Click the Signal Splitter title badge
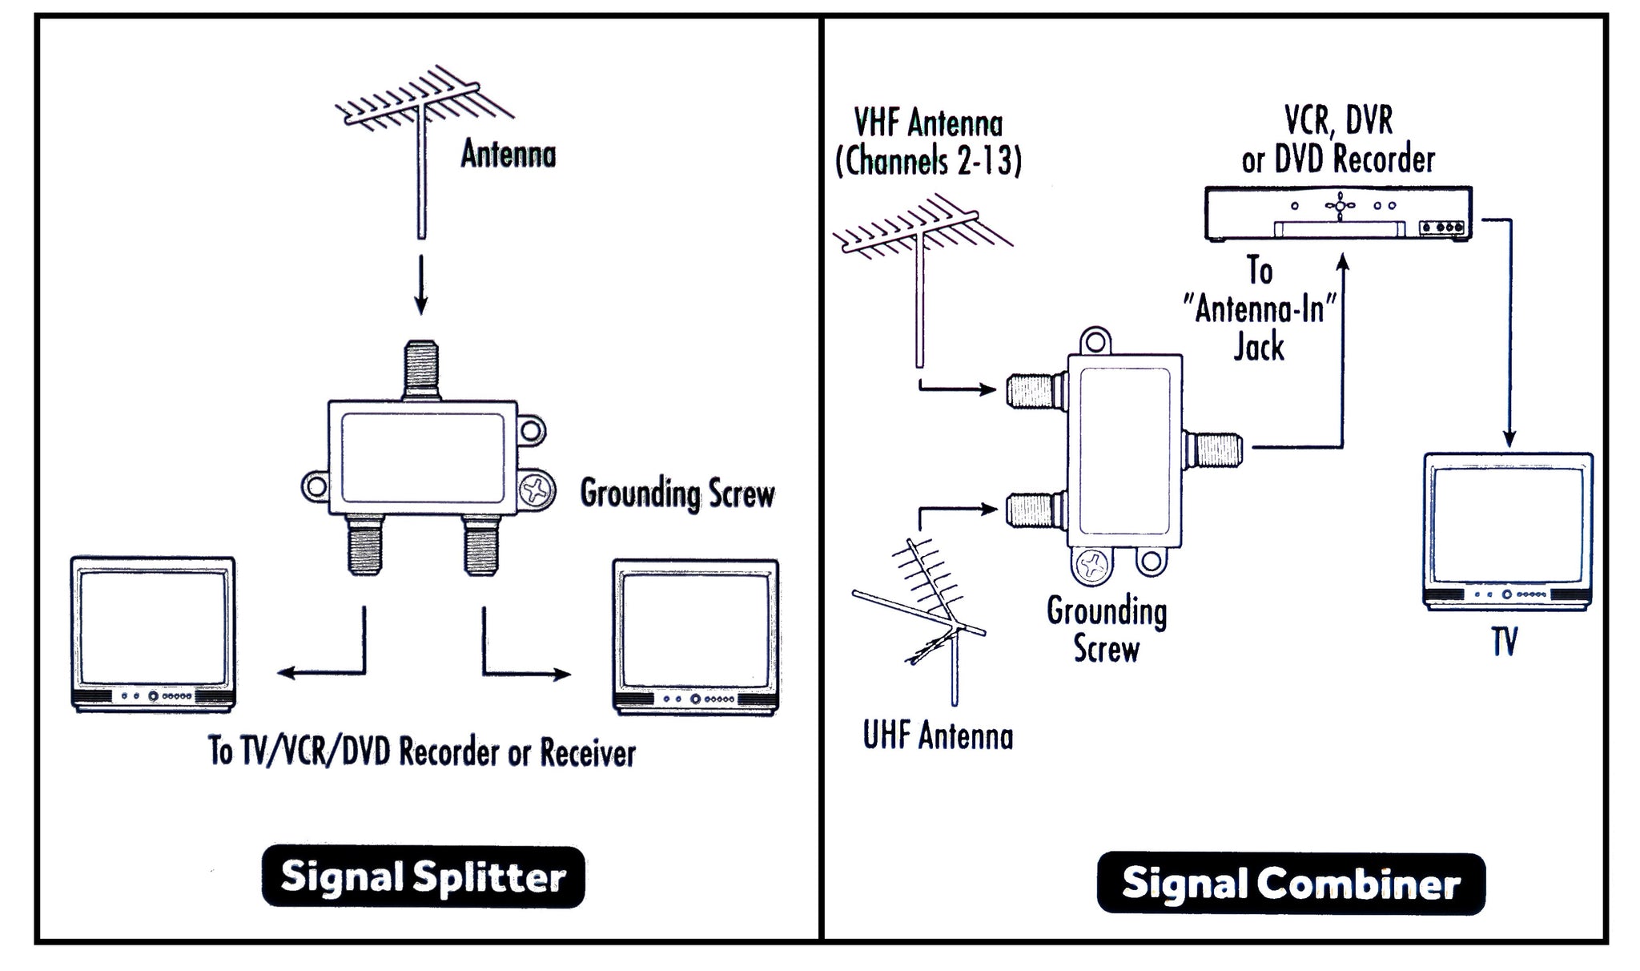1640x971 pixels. click(x=423, y=876)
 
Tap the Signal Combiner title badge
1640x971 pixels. click(x=1291, y=883)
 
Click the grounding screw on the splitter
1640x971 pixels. click(x=537, y=490)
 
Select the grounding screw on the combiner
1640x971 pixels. click(x=1091, y=566)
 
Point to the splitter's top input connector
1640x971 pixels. click(x=421, y=369)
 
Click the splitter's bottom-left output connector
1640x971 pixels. click(x=365, y=545)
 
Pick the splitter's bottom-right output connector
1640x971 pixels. click(x=482, y=545)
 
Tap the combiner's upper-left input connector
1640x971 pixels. click(x=1032, y=391)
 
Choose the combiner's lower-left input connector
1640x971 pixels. click(x=1032, y=510)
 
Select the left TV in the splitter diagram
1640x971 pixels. click(x=153, y=633)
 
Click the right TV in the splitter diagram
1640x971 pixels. click(x=695, y=636)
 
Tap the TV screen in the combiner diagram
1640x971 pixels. click(x=1507, y=526)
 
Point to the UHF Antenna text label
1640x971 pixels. click(x=938, y=736)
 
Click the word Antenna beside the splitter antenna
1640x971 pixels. click(x=508, y=154)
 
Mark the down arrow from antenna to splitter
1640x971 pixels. click(x=421, y=286)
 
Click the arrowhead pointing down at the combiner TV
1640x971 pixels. click(x=1509, y=438)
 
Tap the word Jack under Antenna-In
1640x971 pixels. click(x=1259, y=348)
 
